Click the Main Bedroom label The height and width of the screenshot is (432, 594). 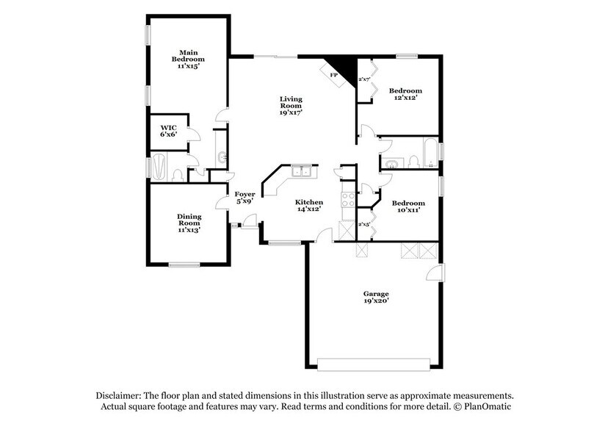click(x=188, y=59)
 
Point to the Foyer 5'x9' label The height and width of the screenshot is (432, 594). click(x=245, y=198)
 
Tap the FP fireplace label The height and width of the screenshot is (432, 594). click(x=333, y=76)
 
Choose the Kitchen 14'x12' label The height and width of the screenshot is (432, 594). click(x=309, y=206)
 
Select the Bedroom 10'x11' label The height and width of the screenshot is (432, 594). click(x=408, y=206)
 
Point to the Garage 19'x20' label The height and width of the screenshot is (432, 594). click(x=376, y=297)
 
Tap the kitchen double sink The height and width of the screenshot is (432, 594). click(x=301, y=172)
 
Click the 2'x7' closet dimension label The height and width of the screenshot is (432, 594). click(x=363, y=79)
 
